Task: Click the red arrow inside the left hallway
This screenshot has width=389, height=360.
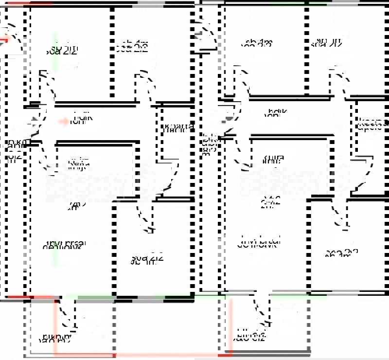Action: point(64,121)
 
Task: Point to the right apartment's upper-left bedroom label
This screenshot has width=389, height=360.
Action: point(256,45)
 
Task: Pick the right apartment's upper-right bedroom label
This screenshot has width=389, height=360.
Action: point(326,44)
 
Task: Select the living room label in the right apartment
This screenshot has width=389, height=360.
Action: point(260,242)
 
